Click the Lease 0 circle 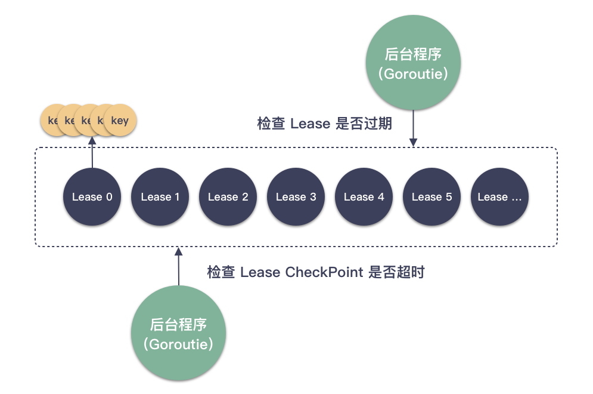coord(92,197)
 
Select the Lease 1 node coord(160,197)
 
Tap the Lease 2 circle coord(228,197)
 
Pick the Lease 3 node coord(296,197)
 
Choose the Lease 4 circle coord(364,197)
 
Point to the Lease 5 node coord(432,197)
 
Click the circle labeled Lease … coord(499,197)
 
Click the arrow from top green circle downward coord(413,128)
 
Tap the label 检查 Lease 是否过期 coord(324,124)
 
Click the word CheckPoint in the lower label coord(324,272)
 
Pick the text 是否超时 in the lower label coord(396,272)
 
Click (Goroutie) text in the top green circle coord(413,74)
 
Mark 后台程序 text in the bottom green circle coord(178,325)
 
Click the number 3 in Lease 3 coord(313,197)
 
